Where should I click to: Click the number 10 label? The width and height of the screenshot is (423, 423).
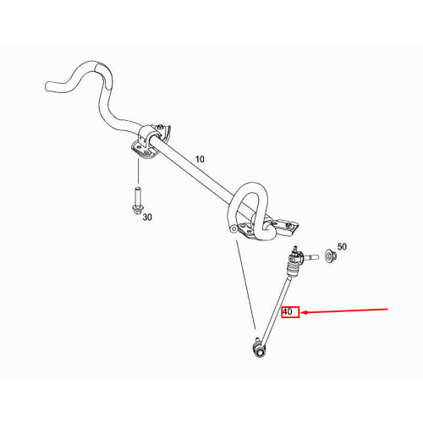[200, 159]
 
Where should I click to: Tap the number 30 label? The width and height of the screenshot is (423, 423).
[147, 217]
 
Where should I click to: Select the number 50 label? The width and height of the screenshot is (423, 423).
[342, 247]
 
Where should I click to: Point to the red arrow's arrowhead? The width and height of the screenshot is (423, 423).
[304, 312]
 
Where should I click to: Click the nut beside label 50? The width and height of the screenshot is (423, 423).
[329, 255]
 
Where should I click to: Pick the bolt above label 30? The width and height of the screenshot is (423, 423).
[138, 201]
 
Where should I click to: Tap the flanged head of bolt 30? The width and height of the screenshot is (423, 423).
[137, 210]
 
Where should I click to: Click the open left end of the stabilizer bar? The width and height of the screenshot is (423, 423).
[47, 86]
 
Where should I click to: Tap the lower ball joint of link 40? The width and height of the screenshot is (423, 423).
[259, 350]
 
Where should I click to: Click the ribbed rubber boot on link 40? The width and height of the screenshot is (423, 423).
[293, 269]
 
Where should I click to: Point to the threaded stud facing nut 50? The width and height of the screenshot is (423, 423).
[311, 257]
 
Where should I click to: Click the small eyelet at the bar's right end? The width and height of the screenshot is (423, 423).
[233, 228]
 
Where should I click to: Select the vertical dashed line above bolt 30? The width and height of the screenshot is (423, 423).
[138, 172]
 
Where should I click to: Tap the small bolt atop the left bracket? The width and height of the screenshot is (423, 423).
[160, 127]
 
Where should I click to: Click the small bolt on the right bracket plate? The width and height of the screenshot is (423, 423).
[288, 225]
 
